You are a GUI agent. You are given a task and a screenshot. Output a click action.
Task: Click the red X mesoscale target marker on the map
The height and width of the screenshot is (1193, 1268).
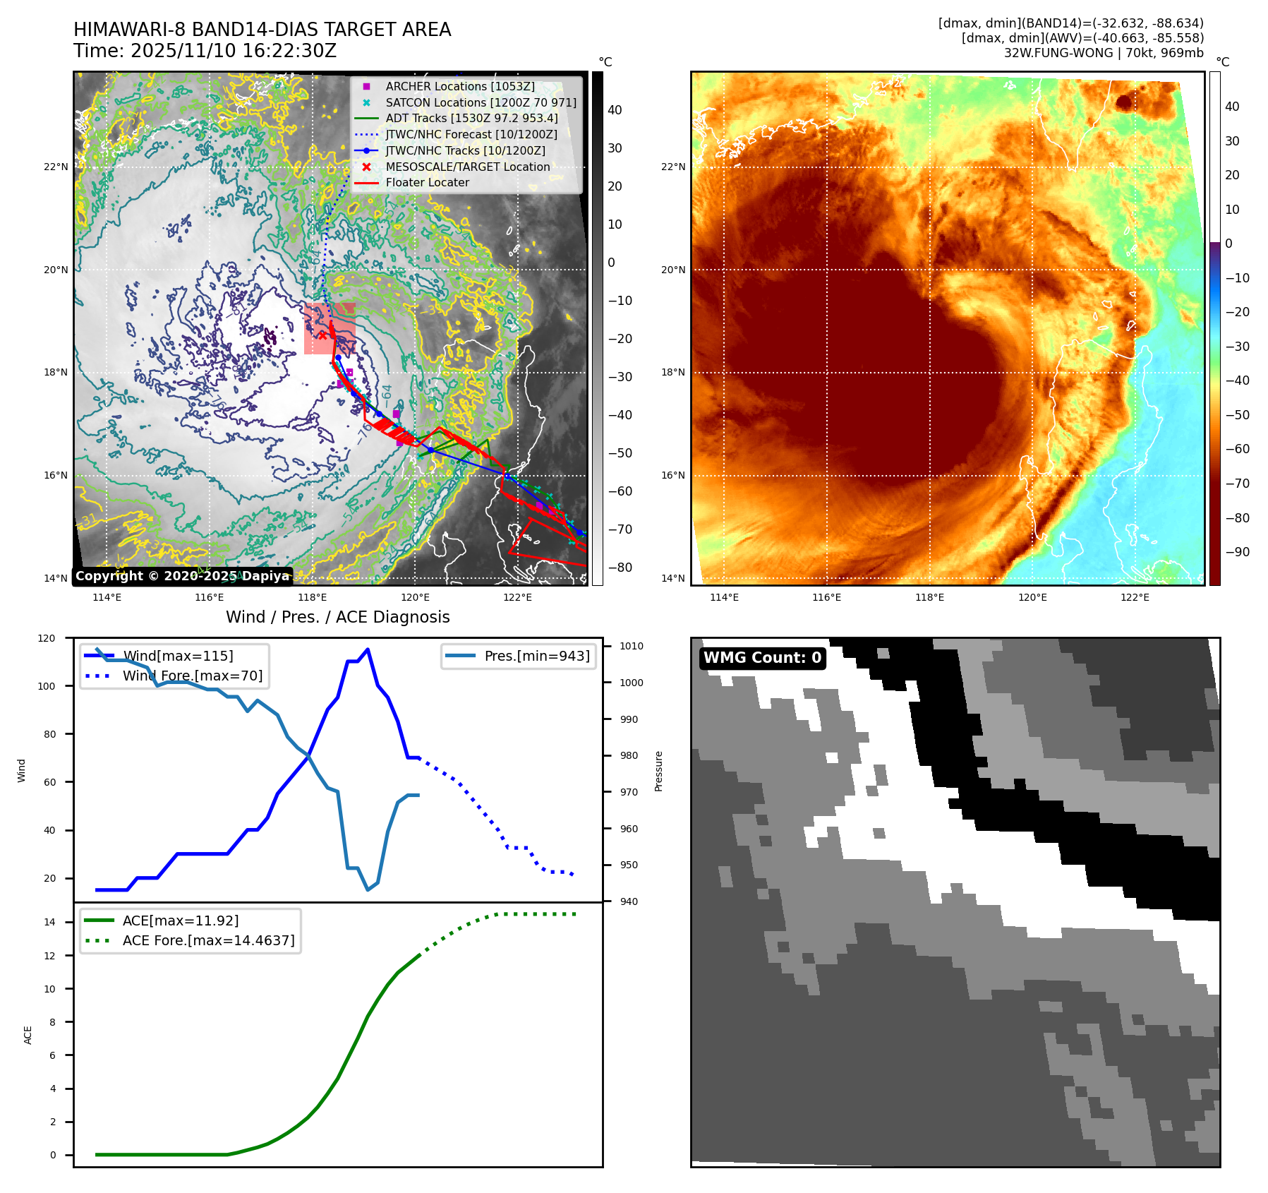pos(322,335)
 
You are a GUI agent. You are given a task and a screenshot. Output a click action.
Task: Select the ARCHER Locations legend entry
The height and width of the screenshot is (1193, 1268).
pos(459,86)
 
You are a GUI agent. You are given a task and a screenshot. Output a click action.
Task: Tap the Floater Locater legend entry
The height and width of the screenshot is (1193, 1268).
pos(427,182)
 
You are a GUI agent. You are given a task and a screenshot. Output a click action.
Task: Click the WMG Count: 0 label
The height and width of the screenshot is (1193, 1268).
pos(762,658)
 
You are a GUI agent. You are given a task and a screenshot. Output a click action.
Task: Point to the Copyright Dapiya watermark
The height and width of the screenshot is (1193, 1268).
pos(182,576)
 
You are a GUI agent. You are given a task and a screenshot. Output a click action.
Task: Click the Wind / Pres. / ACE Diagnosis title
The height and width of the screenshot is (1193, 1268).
pos(337,617)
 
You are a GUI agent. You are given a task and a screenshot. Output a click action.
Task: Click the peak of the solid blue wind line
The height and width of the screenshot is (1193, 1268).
pos(368,649)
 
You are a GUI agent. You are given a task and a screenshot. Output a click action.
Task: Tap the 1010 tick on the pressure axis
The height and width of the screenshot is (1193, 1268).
pos(631,646)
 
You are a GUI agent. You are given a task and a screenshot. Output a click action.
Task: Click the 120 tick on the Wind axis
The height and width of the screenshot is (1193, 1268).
pos(47,638)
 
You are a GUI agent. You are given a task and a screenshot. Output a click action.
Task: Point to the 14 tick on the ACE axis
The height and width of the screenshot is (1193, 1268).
pos(50,922)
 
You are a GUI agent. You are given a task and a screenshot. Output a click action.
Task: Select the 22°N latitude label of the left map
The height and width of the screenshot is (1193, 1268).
pos(56,167)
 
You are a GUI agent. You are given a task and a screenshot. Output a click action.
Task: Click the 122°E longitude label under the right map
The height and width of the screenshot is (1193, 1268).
pos(1135,597)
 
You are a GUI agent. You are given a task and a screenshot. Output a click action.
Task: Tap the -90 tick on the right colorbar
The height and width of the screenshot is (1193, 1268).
pos(1237,552)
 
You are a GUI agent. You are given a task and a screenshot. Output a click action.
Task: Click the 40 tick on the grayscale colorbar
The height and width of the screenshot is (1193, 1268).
pos(615,110)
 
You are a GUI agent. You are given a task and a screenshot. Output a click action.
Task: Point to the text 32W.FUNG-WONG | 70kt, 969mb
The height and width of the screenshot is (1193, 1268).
pos(1104,53)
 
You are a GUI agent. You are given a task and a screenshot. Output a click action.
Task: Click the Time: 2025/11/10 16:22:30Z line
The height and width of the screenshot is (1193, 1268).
pos(205,51)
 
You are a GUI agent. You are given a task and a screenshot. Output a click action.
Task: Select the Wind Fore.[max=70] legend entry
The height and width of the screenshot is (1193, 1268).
pos(192,676)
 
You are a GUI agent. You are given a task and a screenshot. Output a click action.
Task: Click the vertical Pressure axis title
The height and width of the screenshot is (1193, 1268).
pos(658,771)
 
